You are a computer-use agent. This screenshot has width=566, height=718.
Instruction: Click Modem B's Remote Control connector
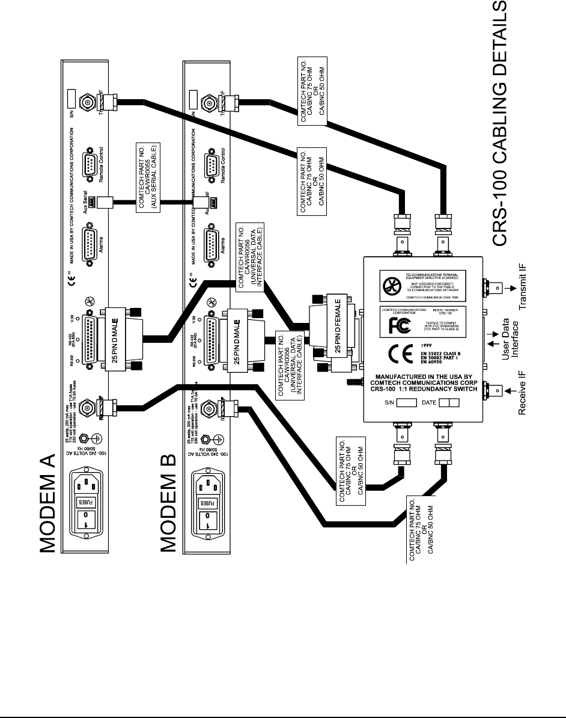point(211,164)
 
